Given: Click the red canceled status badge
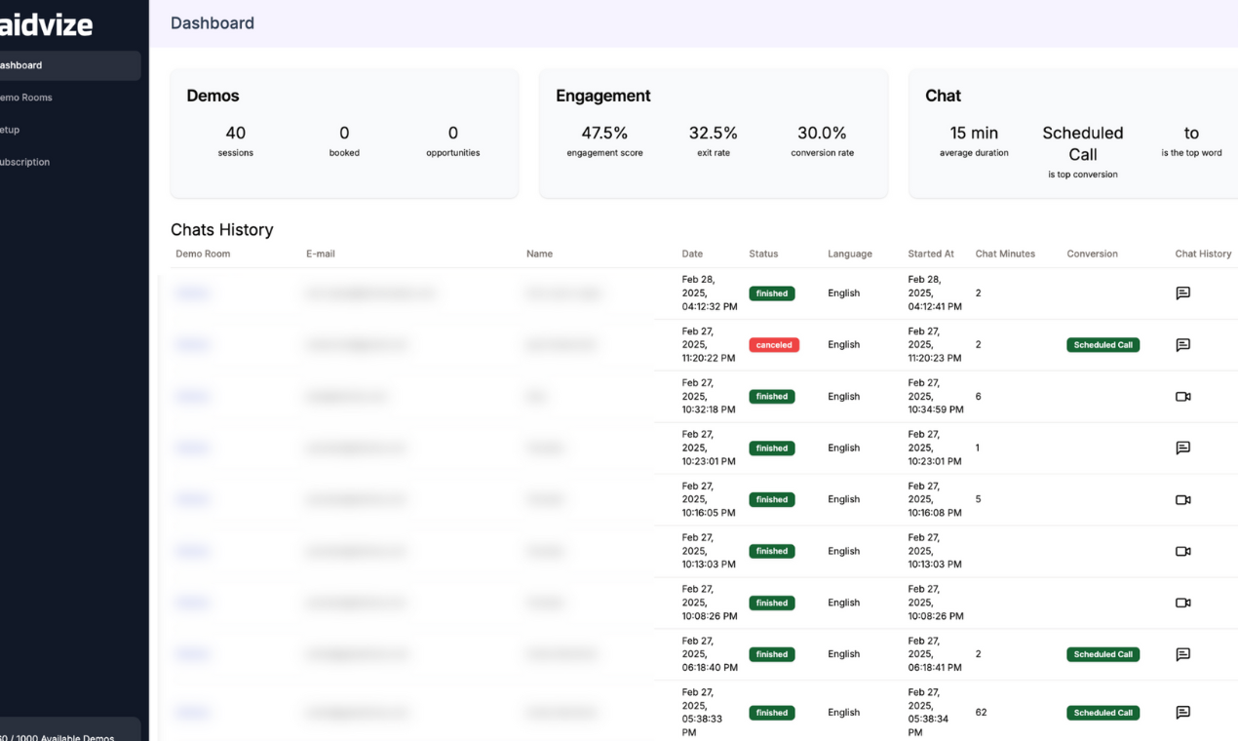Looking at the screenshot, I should pyautogui.click(x=774, y=345).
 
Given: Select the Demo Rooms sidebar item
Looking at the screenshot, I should pyautogui.click(x=26, y=97).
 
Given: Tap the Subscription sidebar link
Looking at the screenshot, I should pyautogui.click(x=25, y=162).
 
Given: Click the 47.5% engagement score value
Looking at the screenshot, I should pyautogui.click(x=604, y=134).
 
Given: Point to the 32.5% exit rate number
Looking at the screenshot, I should pyautogui.click(x=714, y=134).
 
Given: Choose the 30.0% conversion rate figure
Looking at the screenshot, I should pyautogui.click(x=822, y=134).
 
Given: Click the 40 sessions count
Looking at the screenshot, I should pyautogui.click(x=236, y=134).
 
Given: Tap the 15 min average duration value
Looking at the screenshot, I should pyautogui.click(x=974, y=134).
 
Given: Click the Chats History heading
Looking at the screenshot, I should pyautogui.click(x=222, y=230).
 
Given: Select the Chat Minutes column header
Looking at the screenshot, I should pyautogui.click(x=1005, y=253).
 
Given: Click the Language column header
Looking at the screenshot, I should pyautogui.click(x=850, y=253).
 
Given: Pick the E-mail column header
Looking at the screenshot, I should pyautogui.click(x=321, y=253).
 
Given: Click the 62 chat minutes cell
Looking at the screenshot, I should pyautogui.click(x=981, y=713).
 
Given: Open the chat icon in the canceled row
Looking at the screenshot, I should pyautogui.click(x=1182, y=345).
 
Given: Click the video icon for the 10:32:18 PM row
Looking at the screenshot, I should pyautogui.click(x=1182, y=397).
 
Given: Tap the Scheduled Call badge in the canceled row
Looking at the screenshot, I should pyautogui.click(x=1103, y=345).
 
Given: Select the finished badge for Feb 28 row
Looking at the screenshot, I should pyautogui.click(x=771, y=293).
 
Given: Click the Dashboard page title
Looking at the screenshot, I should pyautogui.click(x=213, y=23).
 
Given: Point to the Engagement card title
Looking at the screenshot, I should pyautogui.click(x=603, y=96).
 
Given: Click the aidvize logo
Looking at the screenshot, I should pyautogui.click(x=46, y=25).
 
